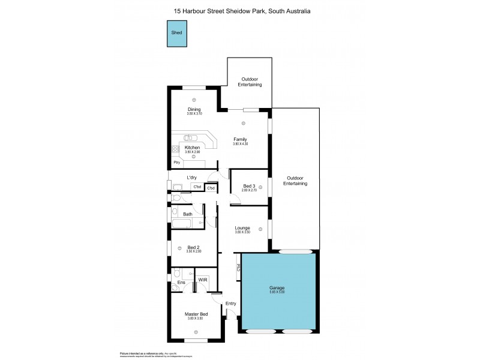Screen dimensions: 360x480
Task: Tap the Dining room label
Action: point(194,109)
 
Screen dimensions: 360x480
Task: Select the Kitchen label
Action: point(192,148)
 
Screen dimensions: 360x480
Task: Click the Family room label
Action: point(240,140)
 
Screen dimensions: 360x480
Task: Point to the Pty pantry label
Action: point(176,162)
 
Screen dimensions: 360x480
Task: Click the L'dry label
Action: point(192,177)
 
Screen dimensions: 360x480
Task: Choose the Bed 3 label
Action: point(248,186)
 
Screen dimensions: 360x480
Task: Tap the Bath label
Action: point(188,214)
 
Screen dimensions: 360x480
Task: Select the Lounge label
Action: point(242,227)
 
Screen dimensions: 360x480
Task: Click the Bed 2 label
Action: point(193,247)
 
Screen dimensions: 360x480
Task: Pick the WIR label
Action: point(203,280)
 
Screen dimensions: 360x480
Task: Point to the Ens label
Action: point(181,283)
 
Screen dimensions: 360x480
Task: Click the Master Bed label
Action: point(196,314)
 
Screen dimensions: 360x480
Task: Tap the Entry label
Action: point(231,304)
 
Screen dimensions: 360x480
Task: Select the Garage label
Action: point(277,288)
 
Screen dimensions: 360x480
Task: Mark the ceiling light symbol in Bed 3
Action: point(261,187)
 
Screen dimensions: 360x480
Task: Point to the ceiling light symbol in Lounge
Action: point(260,228)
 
